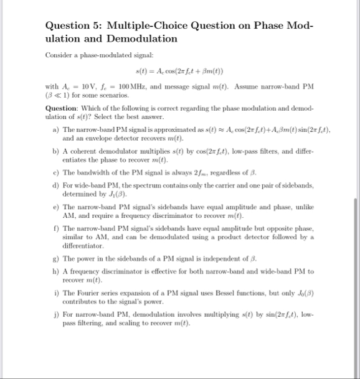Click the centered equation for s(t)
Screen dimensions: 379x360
coord(179,70)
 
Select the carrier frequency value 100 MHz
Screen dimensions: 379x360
coord(131,86)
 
